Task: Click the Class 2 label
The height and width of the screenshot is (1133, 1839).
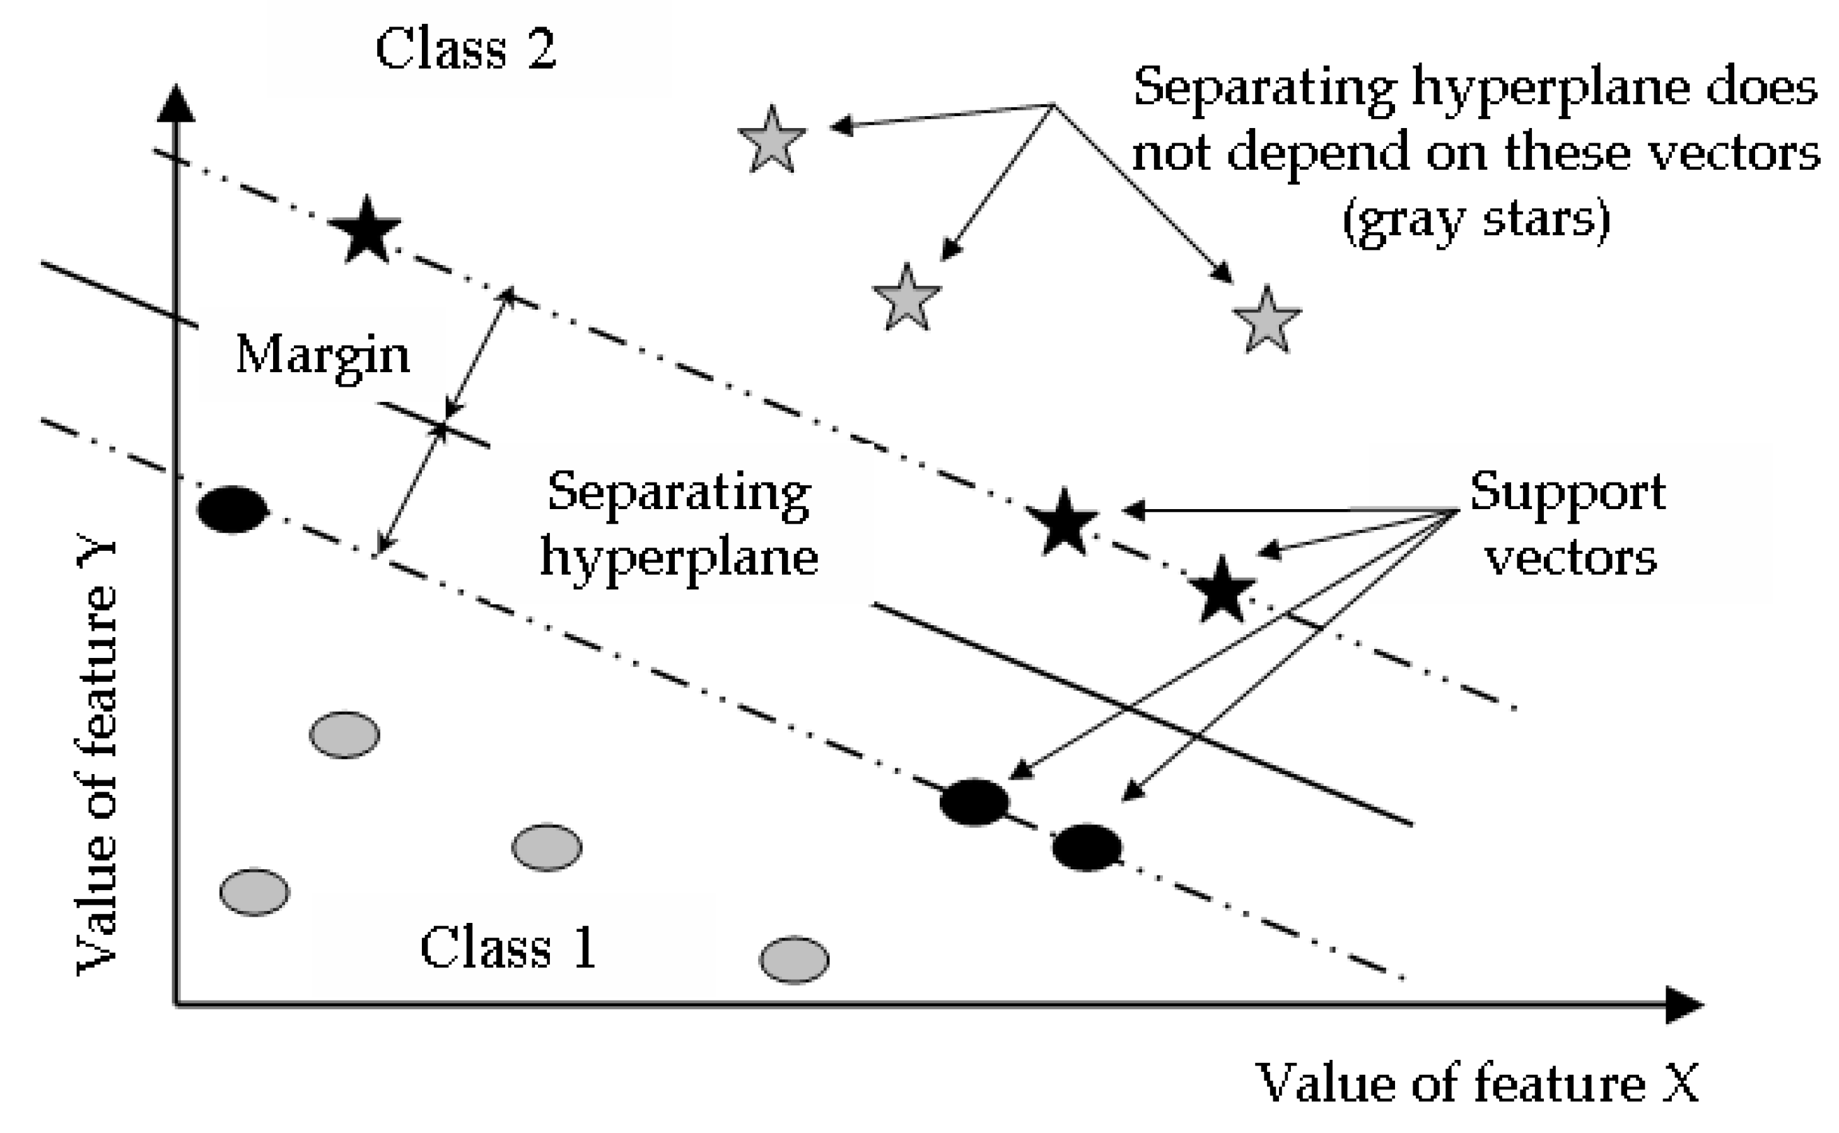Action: [x=465, y=49]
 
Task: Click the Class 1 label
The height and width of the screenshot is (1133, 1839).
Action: [x=508, y=947]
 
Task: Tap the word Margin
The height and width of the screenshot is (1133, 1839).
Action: [x=323, y=355]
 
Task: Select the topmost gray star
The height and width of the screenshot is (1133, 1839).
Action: [x=771, y=141]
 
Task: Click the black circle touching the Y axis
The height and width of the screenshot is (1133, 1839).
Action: [x=232, y=510]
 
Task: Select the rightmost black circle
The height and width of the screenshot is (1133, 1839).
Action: [x=1087, y=847]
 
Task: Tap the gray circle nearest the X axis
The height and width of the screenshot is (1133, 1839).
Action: [x=794, y=959]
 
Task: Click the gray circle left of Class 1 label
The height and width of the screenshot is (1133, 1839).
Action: [x=255, y=892]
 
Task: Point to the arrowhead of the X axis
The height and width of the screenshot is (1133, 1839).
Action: [x=1683, y=1005]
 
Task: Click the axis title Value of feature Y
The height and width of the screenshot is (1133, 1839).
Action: [x=97, y=757]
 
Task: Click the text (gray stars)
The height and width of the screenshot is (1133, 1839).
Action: [x=1476, y=220]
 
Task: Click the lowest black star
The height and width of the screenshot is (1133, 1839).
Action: [x=1222, y=591]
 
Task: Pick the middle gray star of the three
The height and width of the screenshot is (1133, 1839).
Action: [x=906, y=299]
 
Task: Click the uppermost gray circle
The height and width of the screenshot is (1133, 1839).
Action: [x=344, y=735]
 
